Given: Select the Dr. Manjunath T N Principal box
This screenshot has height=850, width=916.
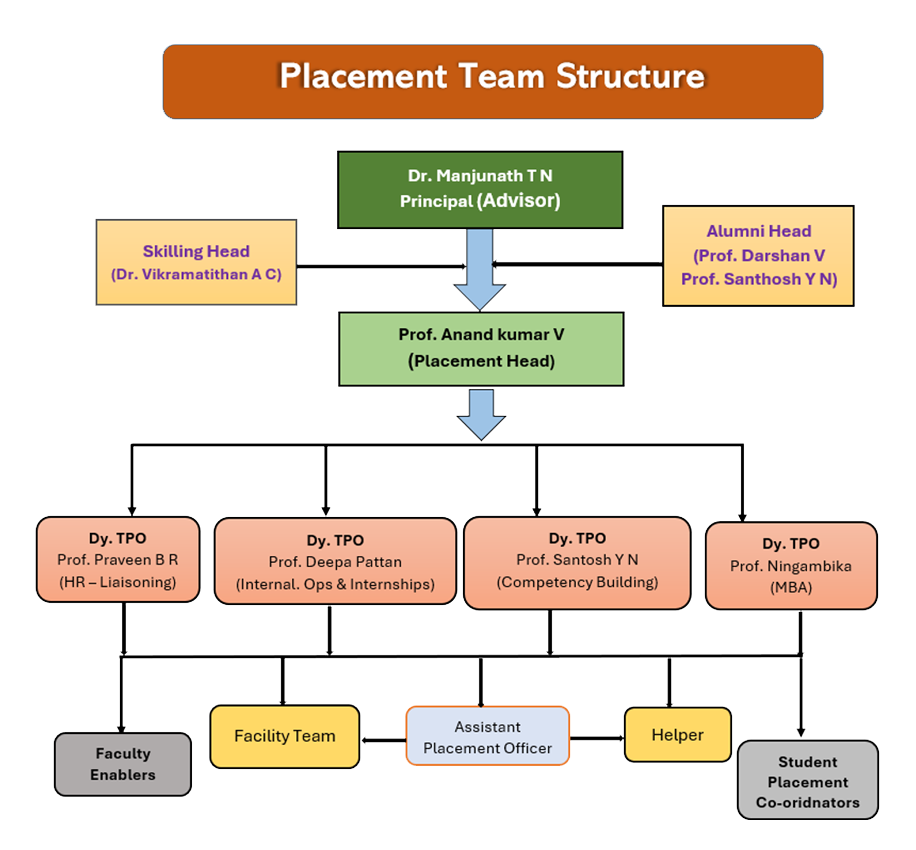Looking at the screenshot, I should pos(480,188).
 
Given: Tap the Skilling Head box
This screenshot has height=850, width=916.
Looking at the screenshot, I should pos(196,261).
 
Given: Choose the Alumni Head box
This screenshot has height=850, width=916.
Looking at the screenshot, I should pos(758,255).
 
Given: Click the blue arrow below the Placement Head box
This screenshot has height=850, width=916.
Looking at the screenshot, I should pos(481,414).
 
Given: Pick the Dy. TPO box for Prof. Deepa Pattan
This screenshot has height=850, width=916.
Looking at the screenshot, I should pos(335,561).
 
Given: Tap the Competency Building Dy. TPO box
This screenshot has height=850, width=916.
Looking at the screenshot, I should pos(577,561).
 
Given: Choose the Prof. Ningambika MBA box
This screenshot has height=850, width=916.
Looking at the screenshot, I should pos(791,565).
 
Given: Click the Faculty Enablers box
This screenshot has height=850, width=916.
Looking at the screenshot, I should pos(123,764).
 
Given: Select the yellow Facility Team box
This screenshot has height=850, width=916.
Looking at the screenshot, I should pos(284,736).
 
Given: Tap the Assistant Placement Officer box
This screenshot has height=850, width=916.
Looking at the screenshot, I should pos(487,737).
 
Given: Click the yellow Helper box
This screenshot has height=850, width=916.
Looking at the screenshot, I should pos(677,735).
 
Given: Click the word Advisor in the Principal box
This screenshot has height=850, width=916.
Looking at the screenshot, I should pos(518,200).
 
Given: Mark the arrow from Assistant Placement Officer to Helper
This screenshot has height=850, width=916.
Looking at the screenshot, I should pos(597,738).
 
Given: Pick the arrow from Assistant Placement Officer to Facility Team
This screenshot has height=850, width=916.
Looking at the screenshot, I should pos(383,741).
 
